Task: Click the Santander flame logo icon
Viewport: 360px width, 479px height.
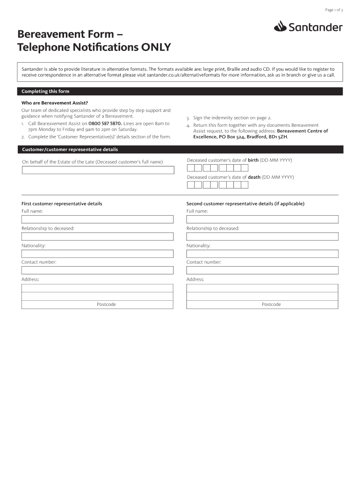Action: point(280,27)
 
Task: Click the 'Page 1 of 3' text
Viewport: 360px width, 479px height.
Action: point(334,10)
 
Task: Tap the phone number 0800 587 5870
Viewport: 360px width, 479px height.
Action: point(102,123)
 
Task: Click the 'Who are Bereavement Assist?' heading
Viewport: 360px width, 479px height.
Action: point(55,103)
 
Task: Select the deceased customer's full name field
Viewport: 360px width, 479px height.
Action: point(97,170)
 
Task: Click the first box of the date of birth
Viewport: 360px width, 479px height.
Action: point(191,167)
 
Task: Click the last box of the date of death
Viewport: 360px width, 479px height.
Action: point(245,184)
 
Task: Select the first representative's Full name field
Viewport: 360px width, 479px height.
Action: point(97,219)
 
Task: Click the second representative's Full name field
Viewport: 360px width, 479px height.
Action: point(262,219)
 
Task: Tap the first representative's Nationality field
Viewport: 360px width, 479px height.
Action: point(97,254)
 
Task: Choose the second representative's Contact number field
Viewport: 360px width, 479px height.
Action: point(262,270)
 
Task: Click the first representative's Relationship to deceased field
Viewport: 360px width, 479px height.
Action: point(97,236)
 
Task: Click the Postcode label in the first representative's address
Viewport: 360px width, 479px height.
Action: point(106,305)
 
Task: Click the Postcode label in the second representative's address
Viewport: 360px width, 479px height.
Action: point(271,305)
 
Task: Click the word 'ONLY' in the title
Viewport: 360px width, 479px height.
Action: point(154,47)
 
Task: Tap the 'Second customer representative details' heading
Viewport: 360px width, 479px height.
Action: point(245,204)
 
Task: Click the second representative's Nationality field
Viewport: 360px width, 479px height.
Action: point(262,254)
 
